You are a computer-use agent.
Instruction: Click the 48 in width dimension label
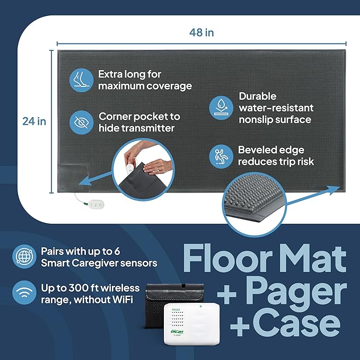pos(201,32)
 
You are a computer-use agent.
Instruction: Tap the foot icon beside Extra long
pos(81,80)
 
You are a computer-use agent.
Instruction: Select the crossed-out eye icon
pos(81,122)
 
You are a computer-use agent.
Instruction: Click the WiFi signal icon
pos(23,294)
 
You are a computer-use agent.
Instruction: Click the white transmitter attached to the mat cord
pos(95,204)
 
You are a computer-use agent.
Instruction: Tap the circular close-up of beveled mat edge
pos(263,202)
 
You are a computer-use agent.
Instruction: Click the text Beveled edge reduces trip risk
pos(275,156)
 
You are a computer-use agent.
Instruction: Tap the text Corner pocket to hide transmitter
pos(139,122)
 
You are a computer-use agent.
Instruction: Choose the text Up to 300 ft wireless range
pos(90,294)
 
